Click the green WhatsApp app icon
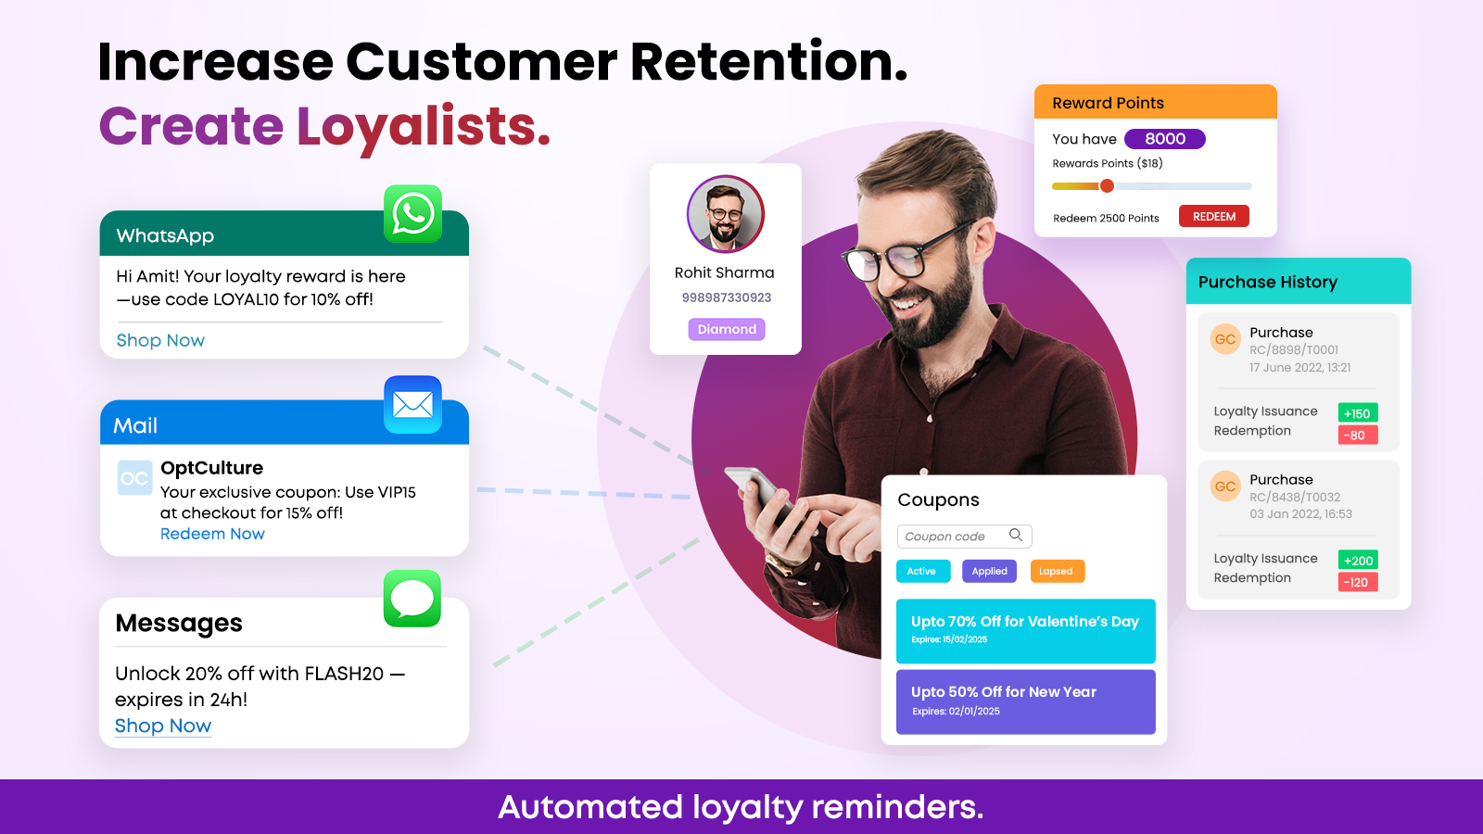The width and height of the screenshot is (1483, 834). tap(412, 214)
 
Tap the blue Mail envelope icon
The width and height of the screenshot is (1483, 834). tap(412, 404)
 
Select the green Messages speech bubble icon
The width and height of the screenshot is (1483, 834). tap(412, 599)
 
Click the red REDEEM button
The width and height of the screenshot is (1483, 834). tap(1213, 217)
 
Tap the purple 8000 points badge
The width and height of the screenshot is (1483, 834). tap(1164, 139)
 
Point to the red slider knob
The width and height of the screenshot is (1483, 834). tap(1107, 186)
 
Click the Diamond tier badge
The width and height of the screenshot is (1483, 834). tap(727, 329)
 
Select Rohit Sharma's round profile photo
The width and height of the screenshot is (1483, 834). tap(726, 214)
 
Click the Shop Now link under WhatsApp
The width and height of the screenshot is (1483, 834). tap(160, 340)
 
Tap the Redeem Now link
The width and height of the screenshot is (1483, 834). tap(212, 534)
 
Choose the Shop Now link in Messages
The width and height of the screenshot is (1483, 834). tap(163, 727)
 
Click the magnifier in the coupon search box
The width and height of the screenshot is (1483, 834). tap(1016, 535)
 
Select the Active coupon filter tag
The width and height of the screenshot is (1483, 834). tap(923, 571)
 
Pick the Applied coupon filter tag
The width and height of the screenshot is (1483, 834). tap(989, 571)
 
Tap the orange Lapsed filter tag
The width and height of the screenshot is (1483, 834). tap(1058, 571)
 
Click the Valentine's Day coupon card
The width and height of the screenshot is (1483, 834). tap(1025, 631)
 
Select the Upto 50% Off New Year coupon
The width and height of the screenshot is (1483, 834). tap(1025, 701)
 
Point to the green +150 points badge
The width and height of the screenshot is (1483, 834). tap(1357, 413)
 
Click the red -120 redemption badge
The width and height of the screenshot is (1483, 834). tap(1357, 583)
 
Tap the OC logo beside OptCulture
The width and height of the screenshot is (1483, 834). tap(134, 478)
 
